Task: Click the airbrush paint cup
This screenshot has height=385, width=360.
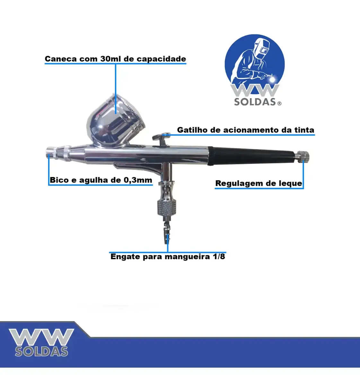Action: (x=116, y=121)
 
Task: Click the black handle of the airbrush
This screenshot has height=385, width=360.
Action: (x=252, y=156)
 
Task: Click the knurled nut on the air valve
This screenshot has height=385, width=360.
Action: (x=167, y=209)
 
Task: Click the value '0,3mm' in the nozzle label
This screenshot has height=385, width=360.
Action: (x=138, y=180)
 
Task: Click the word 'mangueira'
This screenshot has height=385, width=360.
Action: (x=187, y=257)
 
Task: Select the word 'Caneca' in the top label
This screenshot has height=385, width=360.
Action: (x=61, y=59)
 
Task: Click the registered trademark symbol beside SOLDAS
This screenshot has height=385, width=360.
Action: (x=279, y=104)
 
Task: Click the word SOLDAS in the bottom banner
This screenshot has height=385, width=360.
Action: (x=41, y=351)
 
